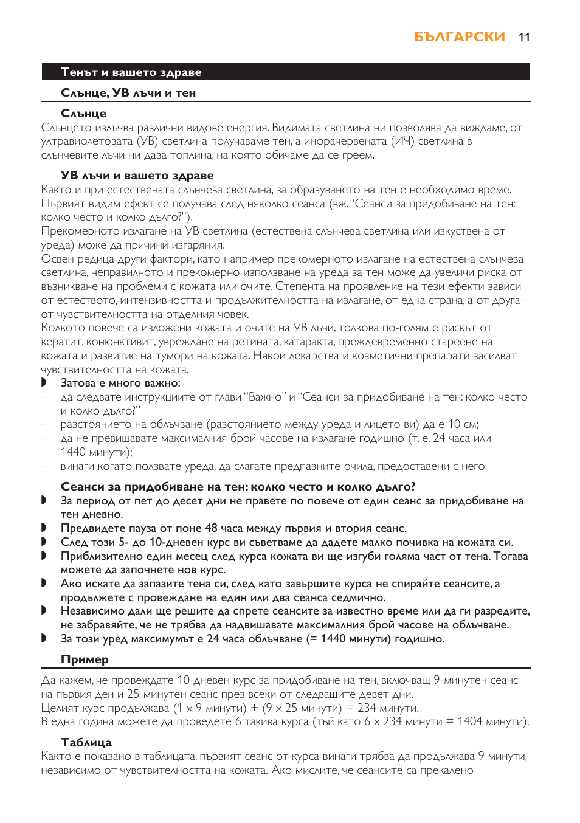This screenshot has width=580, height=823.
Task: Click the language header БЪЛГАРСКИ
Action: coord(459,37)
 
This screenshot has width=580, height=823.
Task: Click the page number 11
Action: coord(524,38)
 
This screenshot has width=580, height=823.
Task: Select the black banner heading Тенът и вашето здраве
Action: coord(131,72)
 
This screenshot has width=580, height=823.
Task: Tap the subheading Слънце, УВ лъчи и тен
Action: coord(128,93)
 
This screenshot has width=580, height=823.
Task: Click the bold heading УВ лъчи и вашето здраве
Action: coord(137,176)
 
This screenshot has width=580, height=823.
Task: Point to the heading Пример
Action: coord(85,659)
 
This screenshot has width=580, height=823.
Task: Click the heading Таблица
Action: coord(86,742)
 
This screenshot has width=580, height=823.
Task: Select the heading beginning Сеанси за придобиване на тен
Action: coord(238,487)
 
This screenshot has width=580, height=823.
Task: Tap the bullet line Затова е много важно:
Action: coord(120,383)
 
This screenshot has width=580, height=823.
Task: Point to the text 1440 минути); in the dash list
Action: coord(96,452)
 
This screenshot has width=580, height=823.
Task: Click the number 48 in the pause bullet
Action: coord(211,528)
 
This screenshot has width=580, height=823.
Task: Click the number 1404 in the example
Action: coord(469,721)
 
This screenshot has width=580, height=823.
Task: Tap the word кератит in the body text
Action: coord(61,342)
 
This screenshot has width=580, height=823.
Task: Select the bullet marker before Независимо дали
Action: coord(44,610)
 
